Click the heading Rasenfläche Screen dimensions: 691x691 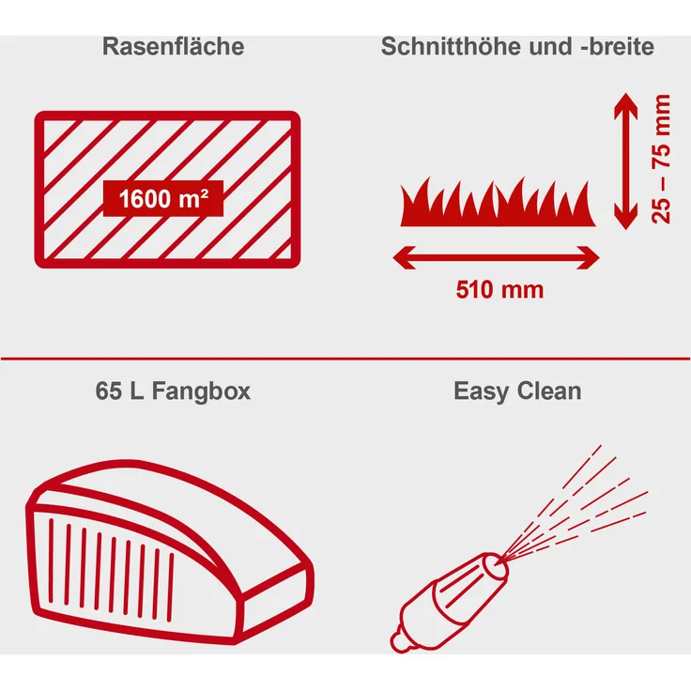pyautogui.click(x=173, y=47)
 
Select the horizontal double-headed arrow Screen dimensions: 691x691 pyautogui.click(x=496, y=255)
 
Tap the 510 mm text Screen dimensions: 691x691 pyautogui.click(x=499, y=289)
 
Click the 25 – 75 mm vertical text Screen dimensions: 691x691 pyautogui.click(x=662, y=159)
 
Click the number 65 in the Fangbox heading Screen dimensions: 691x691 pyautogui.click(x=108, y=391)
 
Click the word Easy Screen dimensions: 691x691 pyautogui.click(x=481, y=391)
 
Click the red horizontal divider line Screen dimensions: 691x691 pyautogui.click(x=345, y=357)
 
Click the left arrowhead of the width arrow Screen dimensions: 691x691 pyautogui.click(x=402, y=255)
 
